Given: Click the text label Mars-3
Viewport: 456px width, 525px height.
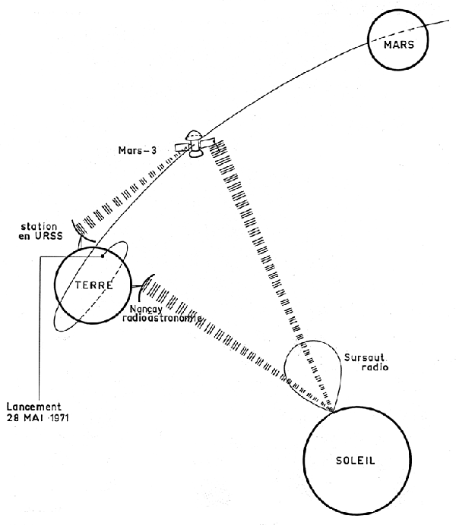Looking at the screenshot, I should (138, 149).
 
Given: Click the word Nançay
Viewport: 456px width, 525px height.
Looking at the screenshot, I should (141, 310).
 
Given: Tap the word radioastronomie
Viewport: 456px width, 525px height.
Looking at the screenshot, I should (161, 319).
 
